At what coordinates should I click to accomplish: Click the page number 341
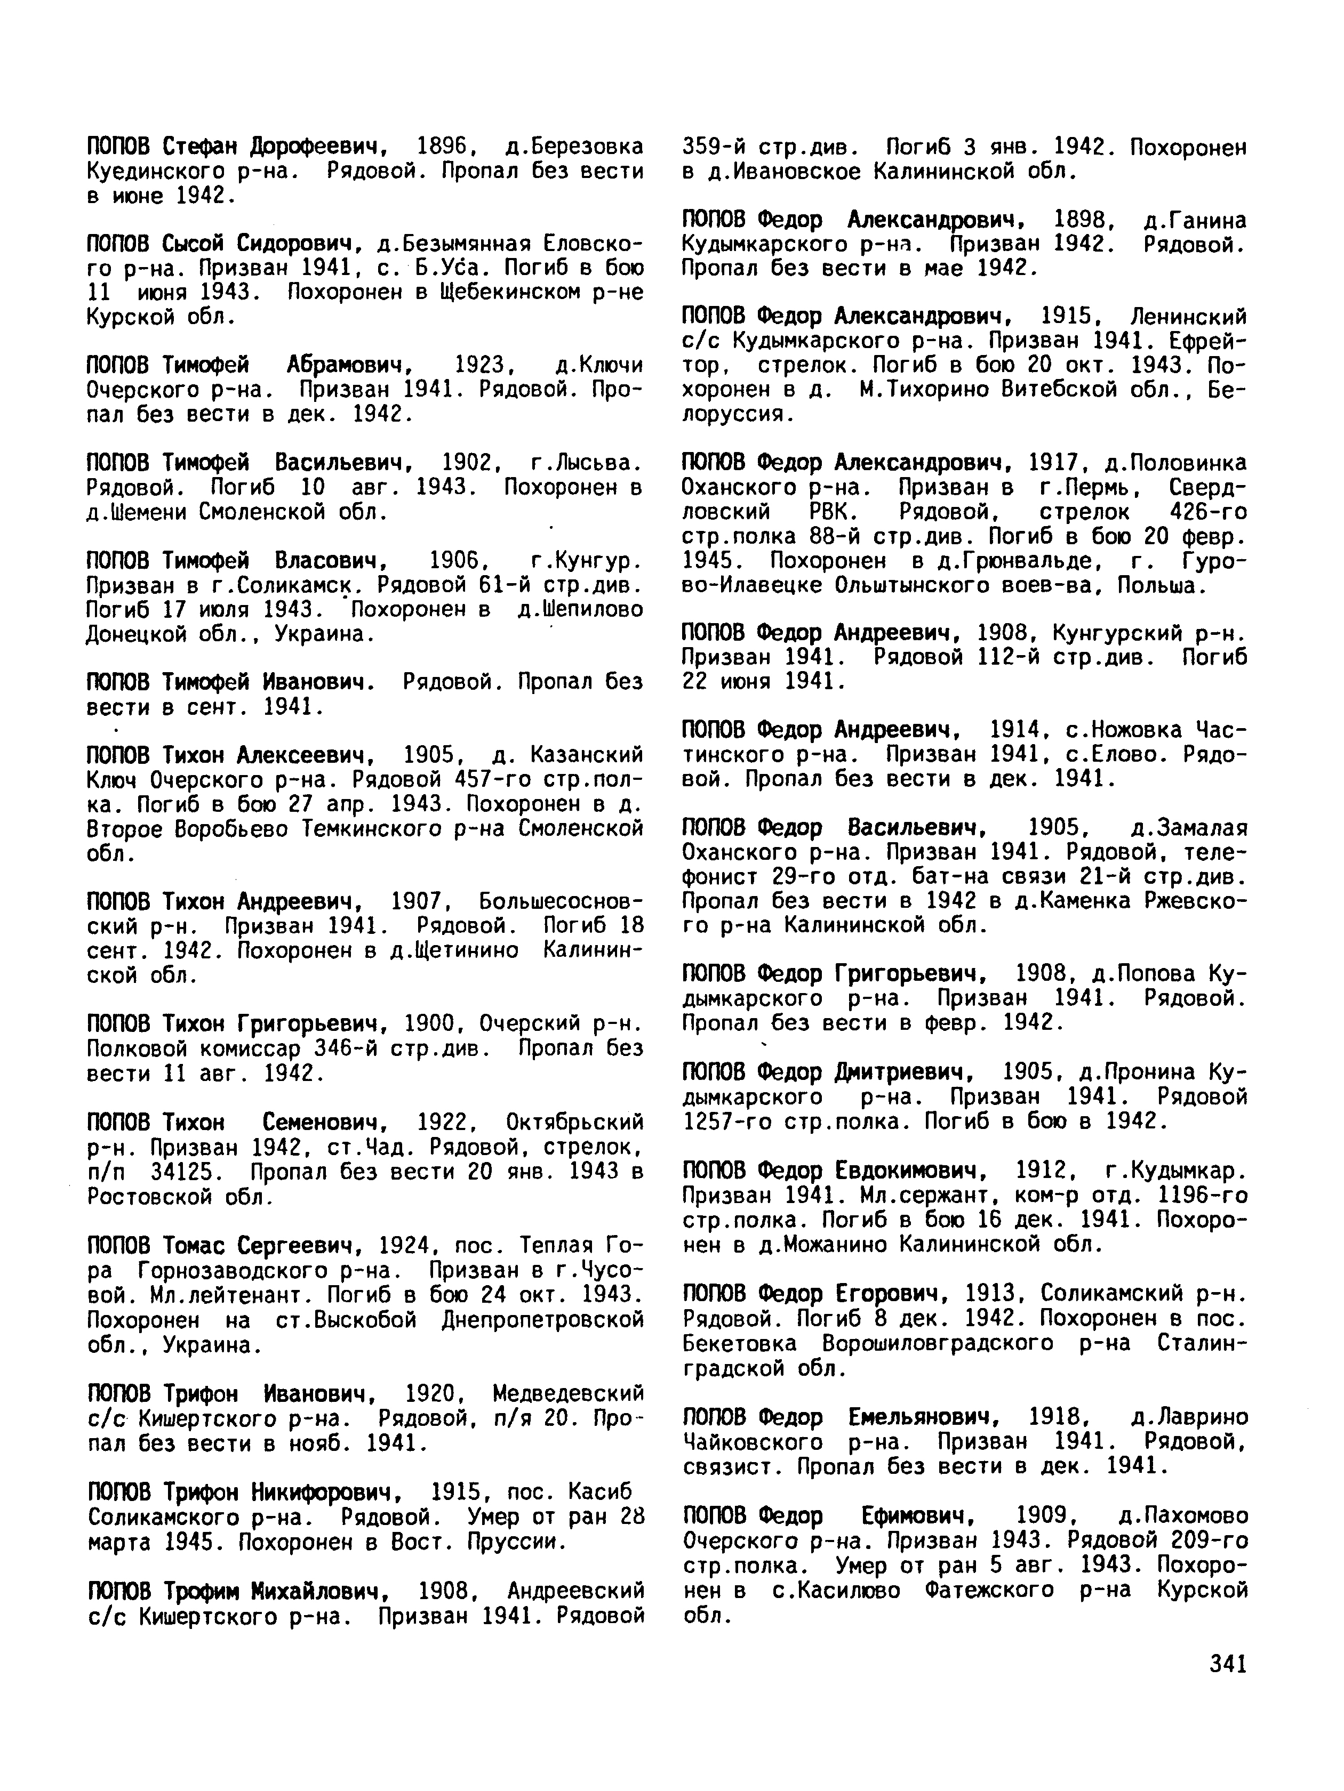coord(1227,1663)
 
